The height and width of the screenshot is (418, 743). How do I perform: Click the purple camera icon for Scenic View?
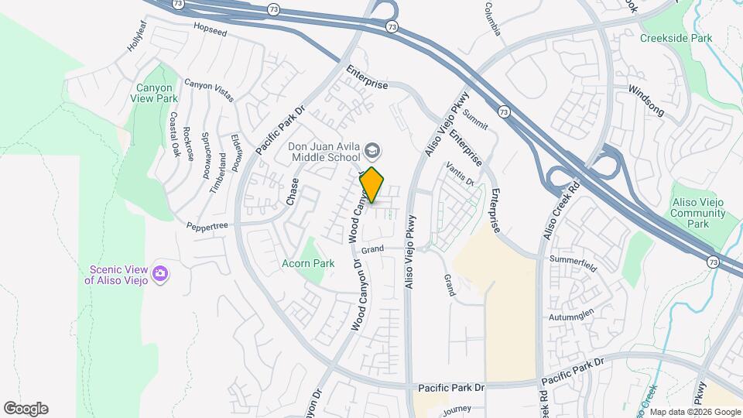(160, 272)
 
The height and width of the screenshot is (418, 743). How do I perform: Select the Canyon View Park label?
(157, 93)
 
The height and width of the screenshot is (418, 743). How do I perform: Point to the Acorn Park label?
(309, 263)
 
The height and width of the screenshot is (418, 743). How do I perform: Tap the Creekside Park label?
(676, 37)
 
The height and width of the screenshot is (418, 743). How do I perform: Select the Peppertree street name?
(207, 226)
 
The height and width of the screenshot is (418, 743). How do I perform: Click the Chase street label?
(293, 191)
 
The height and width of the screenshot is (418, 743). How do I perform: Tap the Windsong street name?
(645, 101)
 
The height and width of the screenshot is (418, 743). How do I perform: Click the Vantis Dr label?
(460, 174)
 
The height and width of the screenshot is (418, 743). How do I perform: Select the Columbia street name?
(494, 19)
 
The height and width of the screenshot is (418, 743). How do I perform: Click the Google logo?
(26, 409)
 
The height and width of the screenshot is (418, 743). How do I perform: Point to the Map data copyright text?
(693, 412)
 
